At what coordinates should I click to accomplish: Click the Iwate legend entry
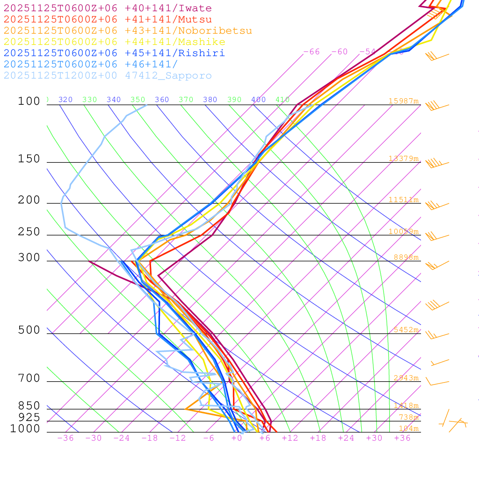pos(108,8)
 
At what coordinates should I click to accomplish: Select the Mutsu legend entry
pos(108,20)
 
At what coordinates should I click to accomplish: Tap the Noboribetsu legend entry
pos(128,31)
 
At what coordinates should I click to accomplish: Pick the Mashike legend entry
pos(115,42)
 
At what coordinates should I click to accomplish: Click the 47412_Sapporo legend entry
pos(108,76)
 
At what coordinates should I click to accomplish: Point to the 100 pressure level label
pos(29,101)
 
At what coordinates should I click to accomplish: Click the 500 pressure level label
pos(29,330)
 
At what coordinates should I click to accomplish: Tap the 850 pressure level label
pos(29,406)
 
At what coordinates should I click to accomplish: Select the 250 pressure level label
pos(29,232)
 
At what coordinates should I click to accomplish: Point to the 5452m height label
pos(406,330)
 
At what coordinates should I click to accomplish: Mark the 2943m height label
pos(406,378)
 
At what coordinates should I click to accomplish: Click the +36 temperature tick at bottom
pos(402,438)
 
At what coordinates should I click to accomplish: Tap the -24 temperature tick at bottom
pos(122,438)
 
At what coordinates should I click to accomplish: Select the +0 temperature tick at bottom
pos(237,438)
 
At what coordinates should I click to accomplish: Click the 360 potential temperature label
pos(162,100)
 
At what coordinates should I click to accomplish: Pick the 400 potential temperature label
pos(258,100)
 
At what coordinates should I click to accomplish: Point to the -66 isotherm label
pos(312,51)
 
